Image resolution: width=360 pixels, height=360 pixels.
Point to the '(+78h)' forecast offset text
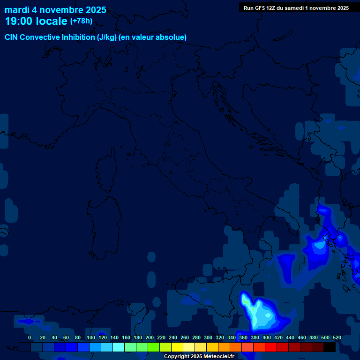coord(81,21)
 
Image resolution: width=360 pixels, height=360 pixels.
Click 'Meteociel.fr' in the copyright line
coord(217,357)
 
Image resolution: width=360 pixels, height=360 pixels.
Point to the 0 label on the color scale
coord(30,337)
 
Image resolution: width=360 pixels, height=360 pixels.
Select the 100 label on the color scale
coord(91,337)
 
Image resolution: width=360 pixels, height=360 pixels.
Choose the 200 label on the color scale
coord(150,337)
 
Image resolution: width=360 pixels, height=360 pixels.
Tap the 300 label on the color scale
coord(208,337)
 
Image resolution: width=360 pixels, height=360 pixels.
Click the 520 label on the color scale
coord(337,337)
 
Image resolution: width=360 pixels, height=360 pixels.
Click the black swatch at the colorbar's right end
coord(330,347)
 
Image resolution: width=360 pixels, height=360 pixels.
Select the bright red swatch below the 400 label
coord(271,347)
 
